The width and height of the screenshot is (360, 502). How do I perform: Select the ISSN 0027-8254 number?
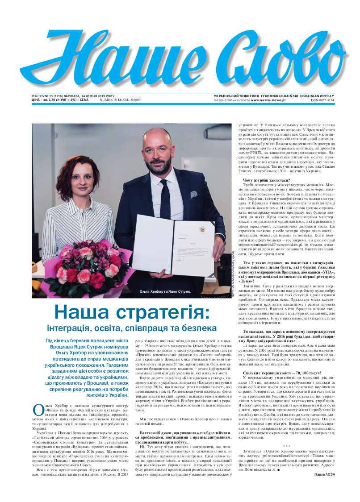322,100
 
